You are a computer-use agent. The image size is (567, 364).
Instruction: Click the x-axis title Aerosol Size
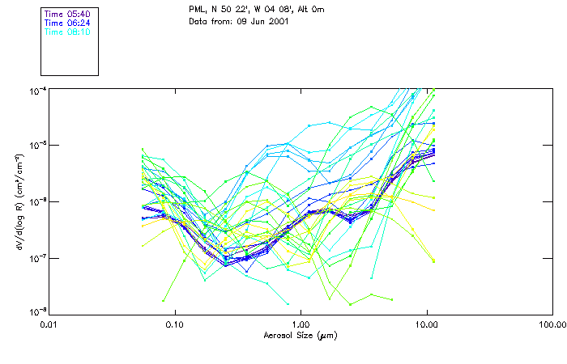(x=300, y=335)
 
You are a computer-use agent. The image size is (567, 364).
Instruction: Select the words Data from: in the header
(x=210, y=21)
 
